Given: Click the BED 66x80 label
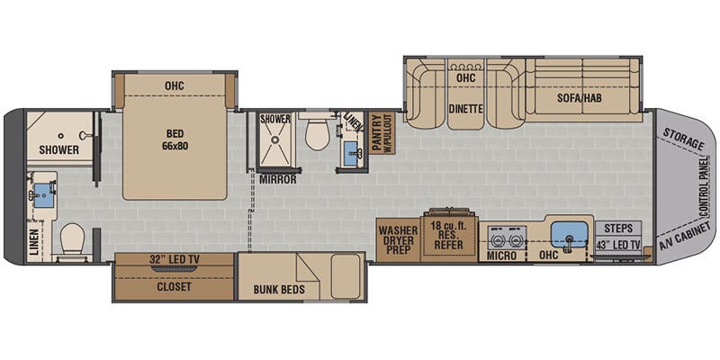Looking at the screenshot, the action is (175, 140).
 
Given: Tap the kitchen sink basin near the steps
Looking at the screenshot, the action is (570, 234).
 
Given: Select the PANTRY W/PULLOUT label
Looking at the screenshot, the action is (380, 133).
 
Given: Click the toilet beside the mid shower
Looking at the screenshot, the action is (318, 133).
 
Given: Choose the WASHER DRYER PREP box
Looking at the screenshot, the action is (398, 239).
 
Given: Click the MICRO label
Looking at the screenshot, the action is (501, 256).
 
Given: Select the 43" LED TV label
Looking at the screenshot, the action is (618, 246).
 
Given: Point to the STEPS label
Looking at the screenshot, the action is (618, 229).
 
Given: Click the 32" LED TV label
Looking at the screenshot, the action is (175, 259).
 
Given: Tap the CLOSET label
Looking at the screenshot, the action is (174, 287).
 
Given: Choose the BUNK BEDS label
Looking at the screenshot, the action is (279, 290).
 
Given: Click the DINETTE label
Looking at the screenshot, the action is (466, 109).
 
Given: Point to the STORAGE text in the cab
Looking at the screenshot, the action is (683, 139).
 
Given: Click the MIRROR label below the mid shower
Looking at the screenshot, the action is (278, 179).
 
